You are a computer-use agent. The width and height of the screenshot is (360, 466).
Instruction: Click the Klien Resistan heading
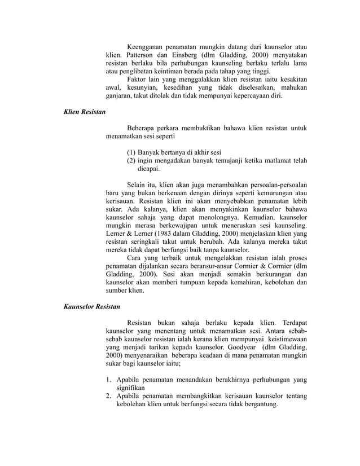click(x=83, y=113)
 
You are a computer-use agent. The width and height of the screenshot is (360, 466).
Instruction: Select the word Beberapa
click(x=143, y=129)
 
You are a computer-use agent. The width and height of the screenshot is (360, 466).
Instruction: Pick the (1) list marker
click(x=131, y=152)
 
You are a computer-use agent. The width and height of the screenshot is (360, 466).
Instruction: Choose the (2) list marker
click(x=131, y=160)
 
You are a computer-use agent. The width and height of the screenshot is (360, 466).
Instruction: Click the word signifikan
click(x=130, y=388)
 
